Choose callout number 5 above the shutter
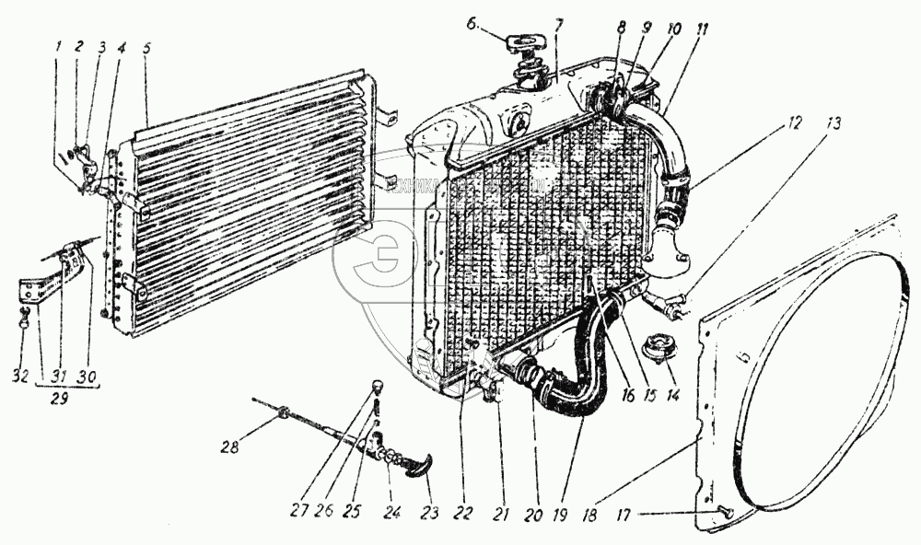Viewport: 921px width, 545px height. (146, 48)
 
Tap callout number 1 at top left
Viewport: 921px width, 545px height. (56, 47)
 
